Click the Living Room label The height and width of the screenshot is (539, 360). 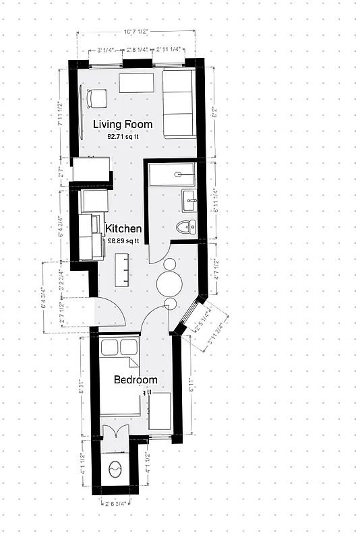coord(123,124)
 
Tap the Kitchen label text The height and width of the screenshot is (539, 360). coord(123,228)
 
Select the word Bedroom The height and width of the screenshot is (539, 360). coord(135,380)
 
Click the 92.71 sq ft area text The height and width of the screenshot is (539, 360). coord(123,136)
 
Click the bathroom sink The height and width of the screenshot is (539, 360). coord(188,198)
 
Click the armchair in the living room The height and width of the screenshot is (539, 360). coord(96,99)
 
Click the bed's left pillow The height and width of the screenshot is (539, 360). coord(109,348)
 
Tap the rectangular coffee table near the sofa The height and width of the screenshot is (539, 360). coord(138,84)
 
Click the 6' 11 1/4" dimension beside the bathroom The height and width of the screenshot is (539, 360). coord(214,200)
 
